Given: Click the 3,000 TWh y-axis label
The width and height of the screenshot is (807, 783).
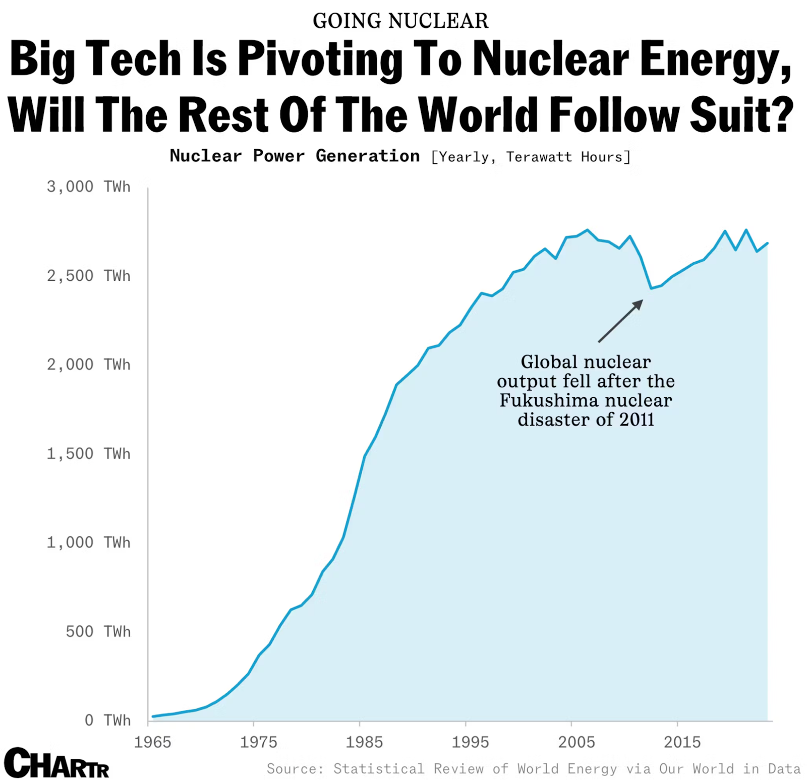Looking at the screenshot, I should click(x=88, y=187).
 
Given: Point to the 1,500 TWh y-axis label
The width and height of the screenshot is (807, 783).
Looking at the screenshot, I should click(x=88, y=453).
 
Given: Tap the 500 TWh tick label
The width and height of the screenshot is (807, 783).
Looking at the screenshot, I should click(x=98, y=631).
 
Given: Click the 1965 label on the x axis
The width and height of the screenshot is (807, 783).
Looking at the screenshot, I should click(x=152, y=742).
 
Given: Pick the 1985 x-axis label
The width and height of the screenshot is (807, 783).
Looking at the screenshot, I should click(x=364, y=742).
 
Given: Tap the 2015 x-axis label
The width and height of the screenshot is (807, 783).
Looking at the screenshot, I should click(x=682, y=742).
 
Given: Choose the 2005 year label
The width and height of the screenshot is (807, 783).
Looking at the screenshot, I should click(x=576, y=742).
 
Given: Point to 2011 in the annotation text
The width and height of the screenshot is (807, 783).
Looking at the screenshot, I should click(x=637, y=419).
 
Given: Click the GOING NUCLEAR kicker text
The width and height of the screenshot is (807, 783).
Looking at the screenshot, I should click(x=400, y=21).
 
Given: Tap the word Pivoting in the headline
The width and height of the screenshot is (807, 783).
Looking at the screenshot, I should click(x=320, y=59).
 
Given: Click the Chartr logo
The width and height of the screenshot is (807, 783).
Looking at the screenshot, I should click(x=56, y=763).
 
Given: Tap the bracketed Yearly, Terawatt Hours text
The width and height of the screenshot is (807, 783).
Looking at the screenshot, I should click(x=531, y=157).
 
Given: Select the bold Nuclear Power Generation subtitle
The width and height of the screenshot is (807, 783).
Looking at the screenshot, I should click(x=295, y=156).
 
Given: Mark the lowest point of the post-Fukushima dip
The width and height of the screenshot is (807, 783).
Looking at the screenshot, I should click(x=651, y=288).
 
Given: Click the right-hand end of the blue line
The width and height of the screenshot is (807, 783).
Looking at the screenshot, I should click(x=767, y=244).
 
